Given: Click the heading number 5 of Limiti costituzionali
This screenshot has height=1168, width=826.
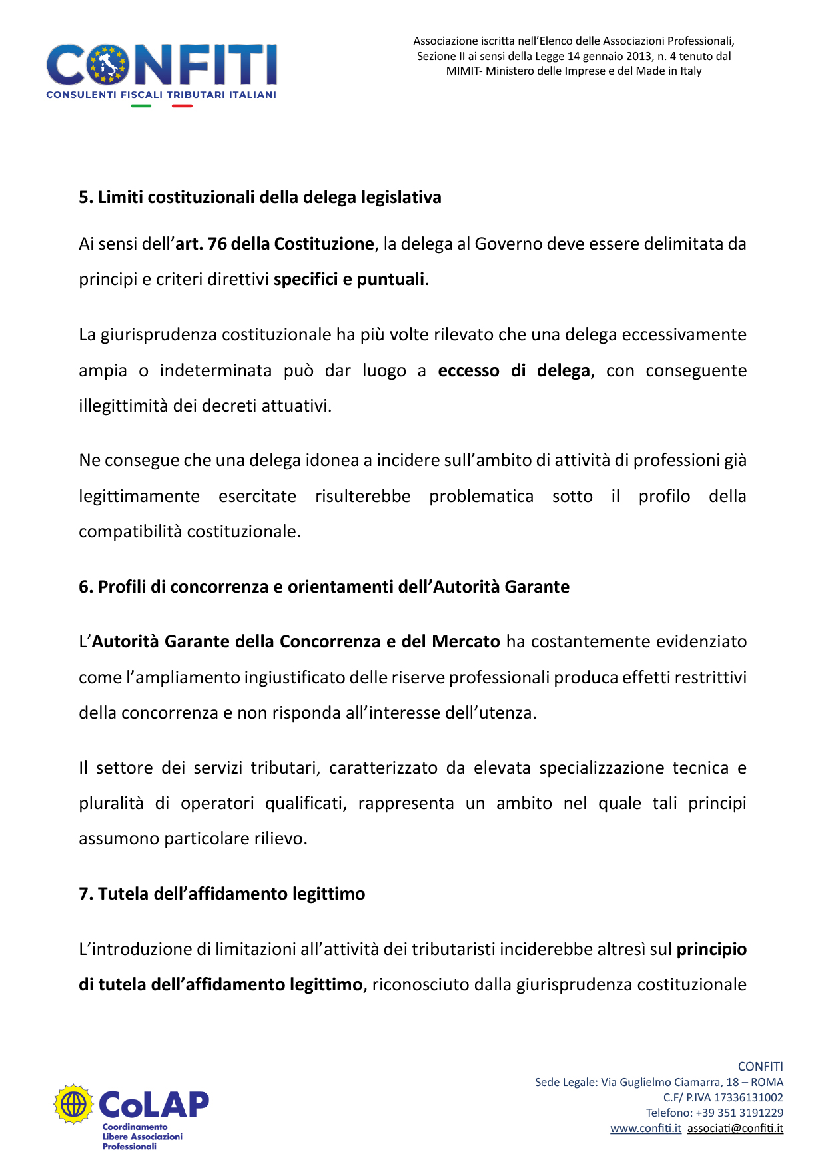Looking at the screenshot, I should [85, 198].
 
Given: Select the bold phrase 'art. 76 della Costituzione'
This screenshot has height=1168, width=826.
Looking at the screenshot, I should [274, 244].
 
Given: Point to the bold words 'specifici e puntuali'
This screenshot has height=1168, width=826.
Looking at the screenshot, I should [349, 280].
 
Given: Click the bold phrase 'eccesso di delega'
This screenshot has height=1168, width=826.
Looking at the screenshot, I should [514, 371].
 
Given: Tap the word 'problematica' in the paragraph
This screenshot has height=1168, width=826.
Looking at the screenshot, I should [481, 497].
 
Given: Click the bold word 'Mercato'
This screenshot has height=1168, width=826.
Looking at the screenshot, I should [466, 642].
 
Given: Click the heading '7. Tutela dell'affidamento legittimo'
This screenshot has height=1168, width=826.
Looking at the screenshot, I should [222, 894].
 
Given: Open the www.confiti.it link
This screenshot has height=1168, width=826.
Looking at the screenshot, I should [645, 1129].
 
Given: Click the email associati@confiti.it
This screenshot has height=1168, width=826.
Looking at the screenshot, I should [735, 1129].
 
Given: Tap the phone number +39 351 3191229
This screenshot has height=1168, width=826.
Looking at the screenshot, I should [739, 1113].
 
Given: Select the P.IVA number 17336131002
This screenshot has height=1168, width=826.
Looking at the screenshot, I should [748, 1097].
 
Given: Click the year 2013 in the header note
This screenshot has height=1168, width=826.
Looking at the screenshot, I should [639, 57].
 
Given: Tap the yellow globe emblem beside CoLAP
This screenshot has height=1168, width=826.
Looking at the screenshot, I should [73, 1103].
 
